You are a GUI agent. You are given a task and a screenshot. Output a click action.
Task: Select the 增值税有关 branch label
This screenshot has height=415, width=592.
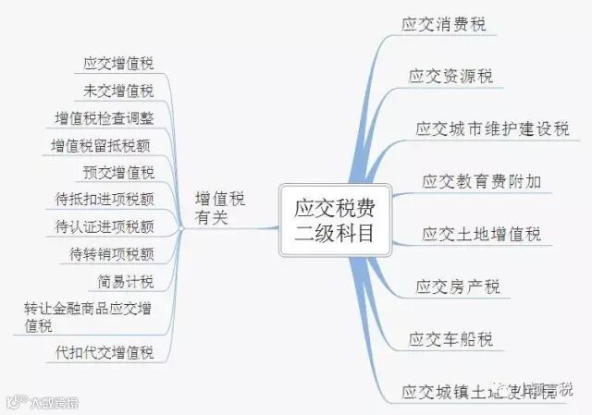(x=220, y=209)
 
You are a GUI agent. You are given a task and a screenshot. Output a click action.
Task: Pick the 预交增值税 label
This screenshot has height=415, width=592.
(x=117, y=172)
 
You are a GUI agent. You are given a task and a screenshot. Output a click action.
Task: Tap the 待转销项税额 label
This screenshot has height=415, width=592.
(x=111, y=253)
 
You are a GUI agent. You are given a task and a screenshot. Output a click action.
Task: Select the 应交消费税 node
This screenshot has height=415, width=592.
(x=443, y=24)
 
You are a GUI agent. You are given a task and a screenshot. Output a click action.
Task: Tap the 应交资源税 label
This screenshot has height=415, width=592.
(x=450, y=76)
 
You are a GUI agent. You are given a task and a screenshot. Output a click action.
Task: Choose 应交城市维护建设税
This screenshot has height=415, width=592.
(x=491, y=128)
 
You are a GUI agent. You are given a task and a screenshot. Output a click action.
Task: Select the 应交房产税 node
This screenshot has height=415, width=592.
(x=458, y=286)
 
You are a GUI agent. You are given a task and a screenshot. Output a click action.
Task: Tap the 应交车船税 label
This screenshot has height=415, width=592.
(x=450, y=338)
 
